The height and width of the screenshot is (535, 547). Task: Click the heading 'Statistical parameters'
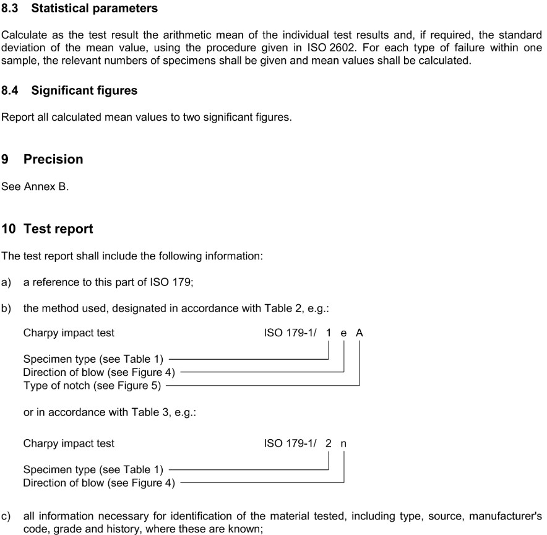point(94,9)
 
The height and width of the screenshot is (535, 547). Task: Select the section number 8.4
point(10,90)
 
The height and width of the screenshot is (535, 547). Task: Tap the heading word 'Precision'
point(53,159)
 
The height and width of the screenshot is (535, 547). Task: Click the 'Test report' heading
point(58,228)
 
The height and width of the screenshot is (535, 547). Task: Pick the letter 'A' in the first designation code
point(360,333)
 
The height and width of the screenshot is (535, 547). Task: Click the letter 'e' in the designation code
point(344,333)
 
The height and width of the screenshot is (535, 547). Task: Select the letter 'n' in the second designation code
point(343,443)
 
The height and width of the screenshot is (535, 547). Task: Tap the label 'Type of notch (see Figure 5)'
point(92,386)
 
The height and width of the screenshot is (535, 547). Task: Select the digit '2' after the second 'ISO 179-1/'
point(329,443)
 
